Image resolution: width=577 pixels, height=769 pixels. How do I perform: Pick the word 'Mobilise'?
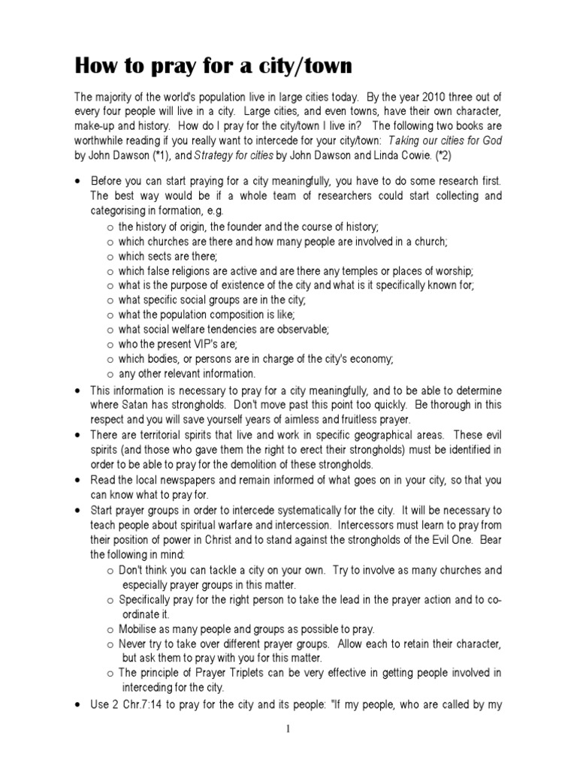[140, 629]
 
